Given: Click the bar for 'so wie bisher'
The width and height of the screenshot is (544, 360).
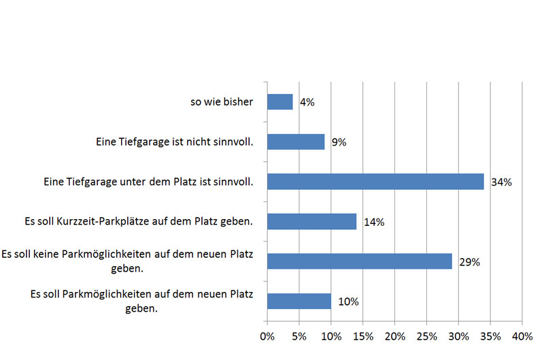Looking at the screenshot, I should click(x=280, y=102).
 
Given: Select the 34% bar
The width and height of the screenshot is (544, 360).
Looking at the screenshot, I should click(x=375, y=182).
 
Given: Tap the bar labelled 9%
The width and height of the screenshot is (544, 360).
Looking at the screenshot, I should click(x=296, y=142).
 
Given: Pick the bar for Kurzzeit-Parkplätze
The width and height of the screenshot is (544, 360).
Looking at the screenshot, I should click(x=311, y=222).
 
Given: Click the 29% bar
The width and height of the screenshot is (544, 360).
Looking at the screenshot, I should click(x=360, y=261).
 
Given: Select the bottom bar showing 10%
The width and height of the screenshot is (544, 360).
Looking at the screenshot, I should click(x=299, y=301).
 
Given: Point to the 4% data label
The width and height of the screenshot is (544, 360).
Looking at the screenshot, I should click(x=307, y=103).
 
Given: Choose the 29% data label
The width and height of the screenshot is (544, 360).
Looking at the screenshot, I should click(x=469, y=262).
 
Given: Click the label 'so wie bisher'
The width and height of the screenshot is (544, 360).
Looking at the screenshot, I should click(x=222, y=103).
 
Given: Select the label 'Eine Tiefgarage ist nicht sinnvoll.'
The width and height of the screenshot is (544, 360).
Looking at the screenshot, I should click(x=174, y=143).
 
